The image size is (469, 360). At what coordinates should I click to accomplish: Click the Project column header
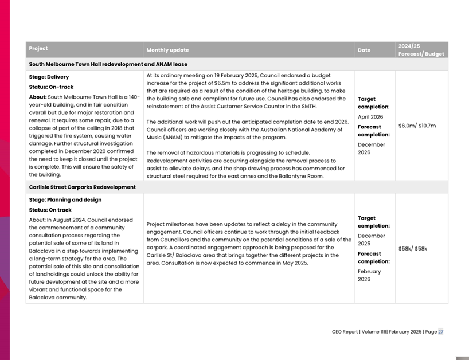tap(38, 49)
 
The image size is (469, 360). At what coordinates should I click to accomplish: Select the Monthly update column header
tap(167, 50)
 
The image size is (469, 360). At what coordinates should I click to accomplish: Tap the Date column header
tap(364, 50)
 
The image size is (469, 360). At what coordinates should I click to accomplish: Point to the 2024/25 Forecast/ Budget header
tap(421, 50)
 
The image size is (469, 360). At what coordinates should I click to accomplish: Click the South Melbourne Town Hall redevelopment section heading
tap(108, 65)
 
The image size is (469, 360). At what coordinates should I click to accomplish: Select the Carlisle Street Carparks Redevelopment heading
tap(82, 187)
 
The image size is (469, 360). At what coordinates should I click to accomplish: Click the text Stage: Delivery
tap(49, 77)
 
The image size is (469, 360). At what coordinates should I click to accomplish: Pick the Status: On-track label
tap(51, 87)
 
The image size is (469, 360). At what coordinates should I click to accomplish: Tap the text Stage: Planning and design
tap(65, 200)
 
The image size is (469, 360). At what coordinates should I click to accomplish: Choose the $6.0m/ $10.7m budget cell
tap(417, 126)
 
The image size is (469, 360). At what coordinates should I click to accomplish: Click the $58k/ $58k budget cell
tap(412, 249)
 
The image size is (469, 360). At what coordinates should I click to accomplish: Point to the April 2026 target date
tap(370, 117)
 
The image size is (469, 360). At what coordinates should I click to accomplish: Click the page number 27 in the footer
tap(440, 331)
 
